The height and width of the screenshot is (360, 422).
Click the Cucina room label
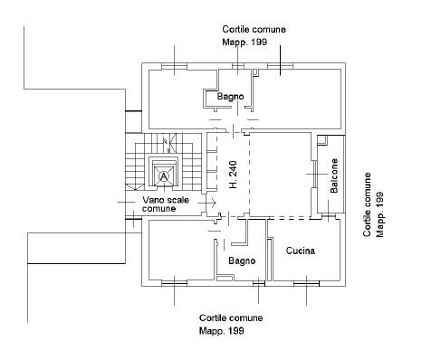301,251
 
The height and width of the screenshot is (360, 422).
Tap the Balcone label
334,175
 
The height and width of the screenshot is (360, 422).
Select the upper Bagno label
230,97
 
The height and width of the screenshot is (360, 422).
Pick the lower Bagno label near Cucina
242,261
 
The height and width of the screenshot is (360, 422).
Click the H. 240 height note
233,175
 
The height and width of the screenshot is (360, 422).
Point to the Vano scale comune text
166,204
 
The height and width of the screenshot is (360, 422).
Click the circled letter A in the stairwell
164,175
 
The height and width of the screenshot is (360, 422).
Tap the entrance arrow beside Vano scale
207,203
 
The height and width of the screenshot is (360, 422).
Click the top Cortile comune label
254,30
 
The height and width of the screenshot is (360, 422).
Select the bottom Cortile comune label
231,317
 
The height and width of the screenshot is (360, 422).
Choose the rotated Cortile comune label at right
367,204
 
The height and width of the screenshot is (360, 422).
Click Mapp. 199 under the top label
245,42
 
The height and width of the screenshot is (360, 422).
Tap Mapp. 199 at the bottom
222,331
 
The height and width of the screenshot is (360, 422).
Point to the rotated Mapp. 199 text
379,214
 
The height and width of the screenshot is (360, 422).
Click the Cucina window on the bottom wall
307,283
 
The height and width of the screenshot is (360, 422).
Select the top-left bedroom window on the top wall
174,66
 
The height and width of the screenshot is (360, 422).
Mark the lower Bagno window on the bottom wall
259,283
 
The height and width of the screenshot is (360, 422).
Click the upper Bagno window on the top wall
238,66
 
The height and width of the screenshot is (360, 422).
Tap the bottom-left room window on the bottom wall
174,283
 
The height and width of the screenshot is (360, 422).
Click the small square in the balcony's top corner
323,139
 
